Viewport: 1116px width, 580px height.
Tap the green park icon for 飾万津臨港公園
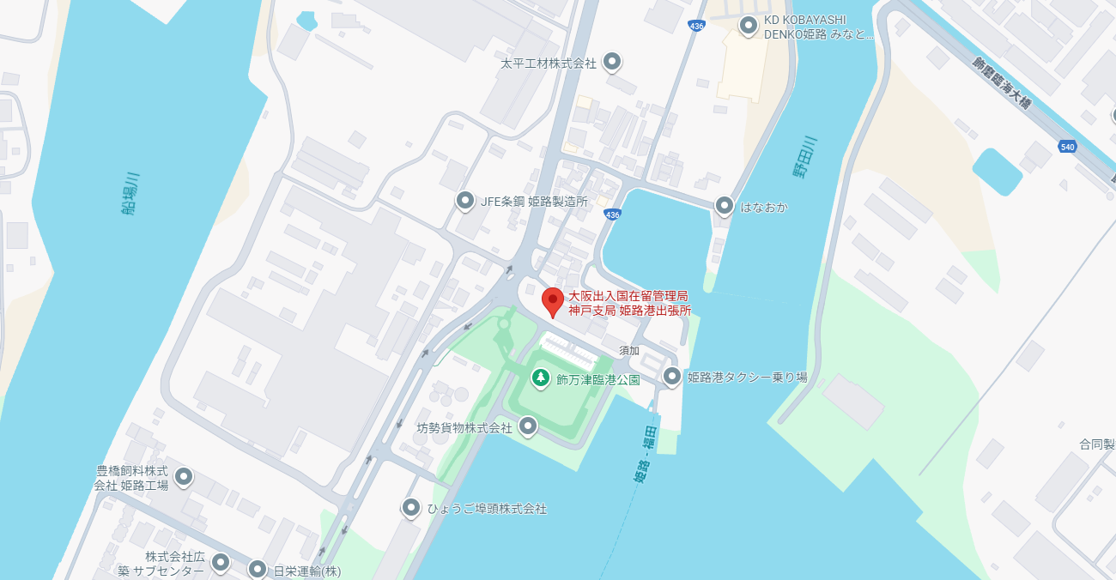(x=540, y=377)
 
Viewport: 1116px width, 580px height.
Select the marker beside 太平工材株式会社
(x=612, y=62)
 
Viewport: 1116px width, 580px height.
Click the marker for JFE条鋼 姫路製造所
(x=465, y=201)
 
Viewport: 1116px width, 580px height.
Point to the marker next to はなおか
(x=725, y=206)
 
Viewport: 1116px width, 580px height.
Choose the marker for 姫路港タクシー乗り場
(x=672, y=376)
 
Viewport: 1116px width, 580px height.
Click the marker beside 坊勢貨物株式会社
(x=528, y=426)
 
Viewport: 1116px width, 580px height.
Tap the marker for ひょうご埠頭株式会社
(x=411, y=508)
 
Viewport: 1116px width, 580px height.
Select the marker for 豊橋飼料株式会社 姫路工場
(x=183, y=476)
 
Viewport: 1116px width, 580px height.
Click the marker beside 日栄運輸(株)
(x=258, y=569)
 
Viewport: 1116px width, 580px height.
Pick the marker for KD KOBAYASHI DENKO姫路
(x=749, y=26)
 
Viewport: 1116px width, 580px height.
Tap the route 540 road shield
(x=1067, y=147)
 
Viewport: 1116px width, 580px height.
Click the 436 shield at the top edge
(x=697, y=27)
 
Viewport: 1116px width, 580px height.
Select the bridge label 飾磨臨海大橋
(x=1002, y=82)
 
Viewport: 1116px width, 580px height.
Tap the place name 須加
(x=629, y=350)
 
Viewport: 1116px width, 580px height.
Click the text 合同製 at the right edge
(x=1097, y=444)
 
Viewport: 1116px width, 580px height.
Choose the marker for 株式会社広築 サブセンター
(x=221, y=562)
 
